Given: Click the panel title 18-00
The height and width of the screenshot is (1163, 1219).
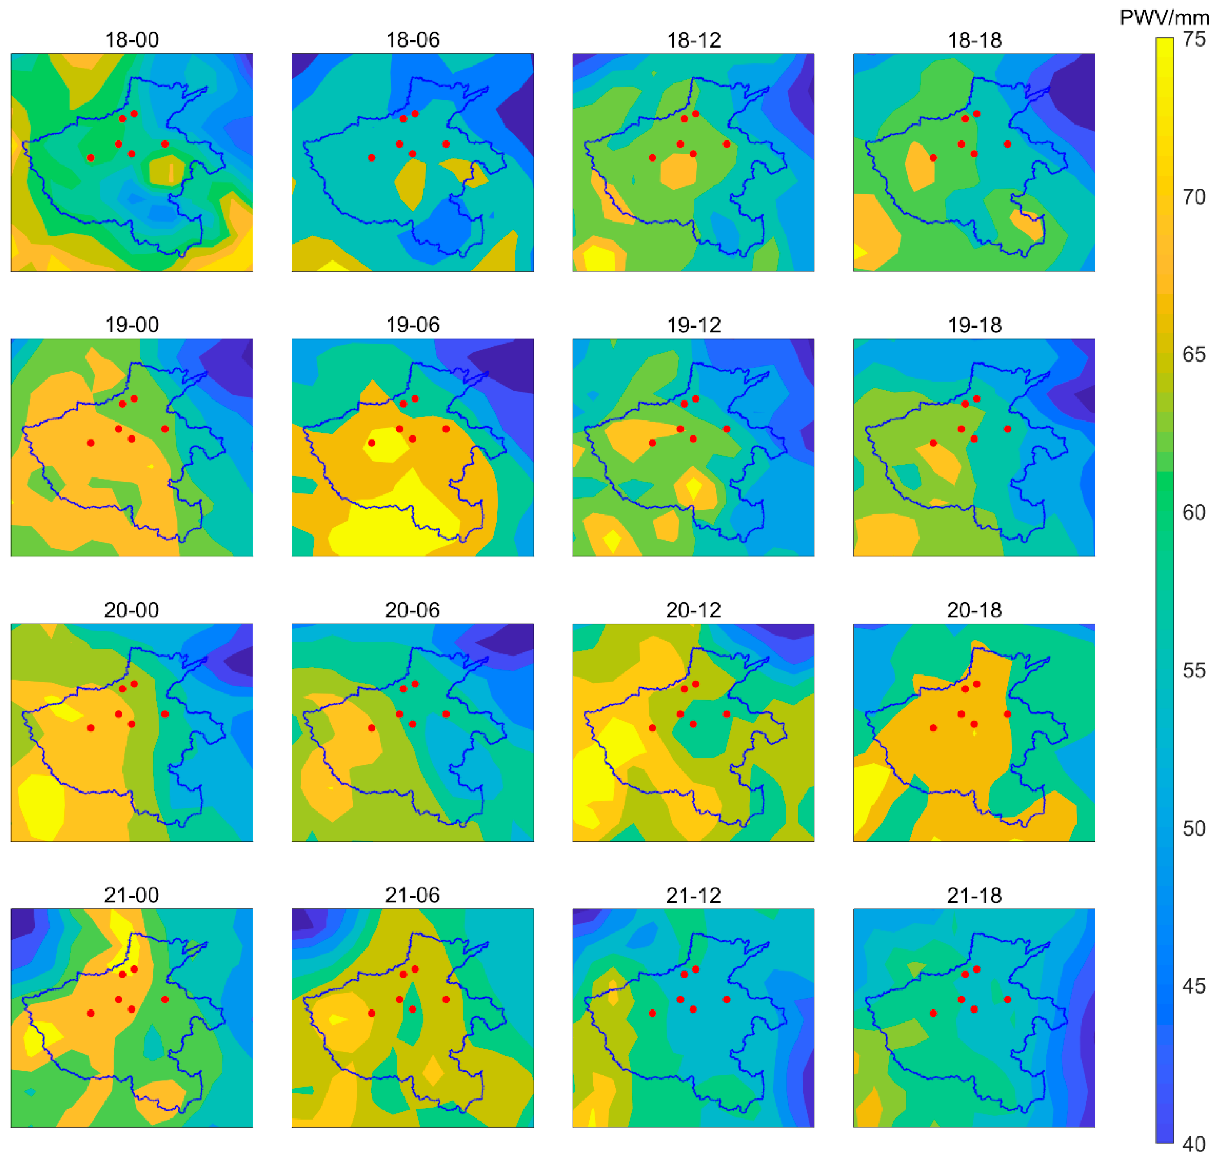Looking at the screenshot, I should tap(132, 40).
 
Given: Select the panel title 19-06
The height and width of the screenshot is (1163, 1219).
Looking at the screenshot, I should tap(413, 325).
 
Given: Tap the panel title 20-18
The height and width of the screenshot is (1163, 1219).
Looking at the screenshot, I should tap(974, 610).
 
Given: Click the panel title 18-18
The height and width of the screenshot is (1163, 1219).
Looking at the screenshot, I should tap(974, 40).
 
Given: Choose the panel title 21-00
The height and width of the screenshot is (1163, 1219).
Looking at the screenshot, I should tap(132, 895).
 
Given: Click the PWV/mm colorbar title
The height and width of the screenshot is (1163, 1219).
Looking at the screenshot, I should tap(1164, 17).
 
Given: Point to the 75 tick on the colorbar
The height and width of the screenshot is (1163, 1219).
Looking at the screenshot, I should tap(1193, 39).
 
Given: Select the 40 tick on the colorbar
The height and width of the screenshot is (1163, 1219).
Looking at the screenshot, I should tap(1193, 1144).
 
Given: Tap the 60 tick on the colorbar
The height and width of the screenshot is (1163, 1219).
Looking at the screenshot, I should tap(1193, 512).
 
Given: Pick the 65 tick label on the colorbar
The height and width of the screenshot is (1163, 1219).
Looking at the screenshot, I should tap(1193, 355).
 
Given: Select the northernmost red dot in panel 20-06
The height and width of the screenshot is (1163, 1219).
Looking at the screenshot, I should tap(415, 684).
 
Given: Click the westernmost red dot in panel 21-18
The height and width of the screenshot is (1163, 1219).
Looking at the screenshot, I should tap(933, 1013).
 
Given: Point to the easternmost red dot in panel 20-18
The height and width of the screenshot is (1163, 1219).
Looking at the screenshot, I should tap(1007, 714).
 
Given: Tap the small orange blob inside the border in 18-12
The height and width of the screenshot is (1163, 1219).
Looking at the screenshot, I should tap(679, 170).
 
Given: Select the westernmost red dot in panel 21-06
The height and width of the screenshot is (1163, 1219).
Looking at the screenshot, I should tap(371, 1013).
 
